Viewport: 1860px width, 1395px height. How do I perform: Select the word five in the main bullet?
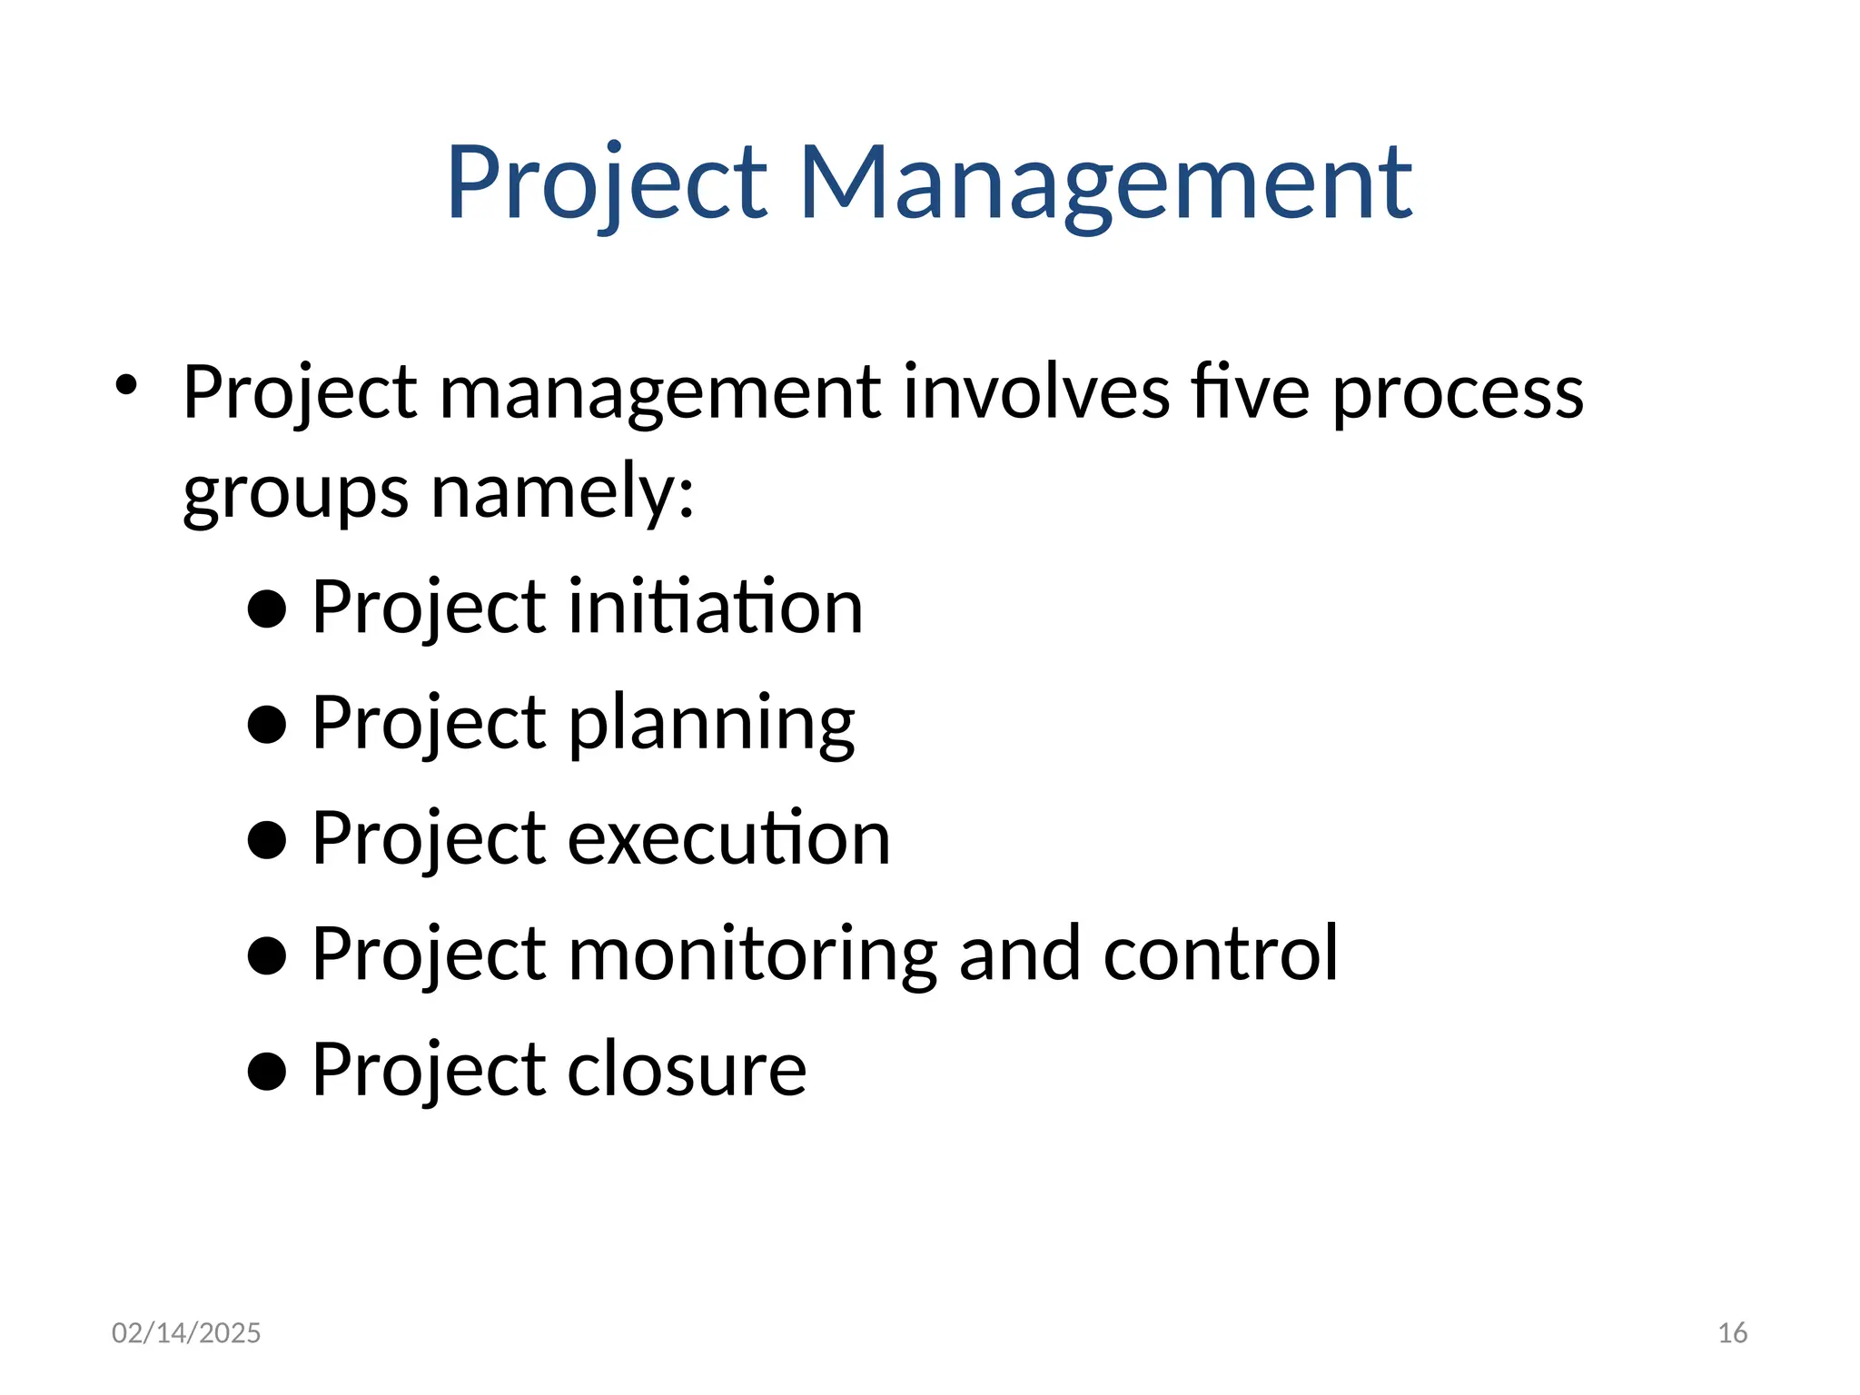(x=1250, y=392)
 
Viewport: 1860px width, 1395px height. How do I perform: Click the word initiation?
(x=715, y=607)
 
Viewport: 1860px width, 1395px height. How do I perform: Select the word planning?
(x=711, y=725)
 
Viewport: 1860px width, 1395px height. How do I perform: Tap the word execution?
(x=728, y=837)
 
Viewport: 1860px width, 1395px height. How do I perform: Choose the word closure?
(x=687, y=1069)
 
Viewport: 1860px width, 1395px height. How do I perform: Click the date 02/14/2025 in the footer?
(x=186, y=1332)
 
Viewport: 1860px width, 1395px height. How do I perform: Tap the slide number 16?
(x=1732, y=1332)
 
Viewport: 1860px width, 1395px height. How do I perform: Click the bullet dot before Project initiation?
(x=267, y=609)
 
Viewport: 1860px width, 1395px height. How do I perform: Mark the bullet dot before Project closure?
(x=267, y=1071)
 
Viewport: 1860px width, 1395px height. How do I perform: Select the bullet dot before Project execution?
(x=267, y=840)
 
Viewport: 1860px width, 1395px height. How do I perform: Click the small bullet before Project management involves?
(x=125, y=385)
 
